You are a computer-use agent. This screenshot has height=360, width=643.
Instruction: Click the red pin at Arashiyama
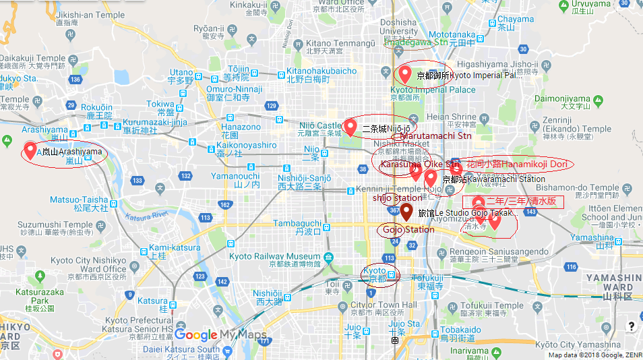[x=30, y=150]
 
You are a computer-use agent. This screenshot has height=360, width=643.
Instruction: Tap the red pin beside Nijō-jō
[x=350, y=126]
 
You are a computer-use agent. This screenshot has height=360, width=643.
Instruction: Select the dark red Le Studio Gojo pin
[x=406, y=212]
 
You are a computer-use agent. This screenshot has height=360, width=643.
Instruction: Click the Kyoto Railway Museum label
[x=275, y=256]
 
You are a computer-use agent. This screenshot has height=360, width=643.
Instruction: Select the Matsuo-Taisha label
[x=79, y=200]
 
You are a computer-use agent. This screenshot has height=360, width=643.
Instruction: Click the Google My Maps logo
[x=220, y=335]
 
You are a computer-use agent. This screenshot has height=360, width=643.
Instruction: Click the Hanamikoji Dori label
[x=519, y=163]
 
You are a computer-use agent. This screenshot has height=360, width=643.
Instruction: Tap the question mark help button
[x=632, y=326]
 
